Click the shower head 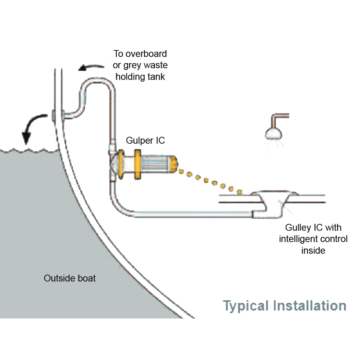pyautogui.click(x=273, y=133)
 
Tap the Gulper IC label pyautogui.click(x=145, y=140)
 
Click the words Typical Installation pyautogui.click(x=285, y=305)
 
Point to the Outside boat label pyautogui.click(x=70, y=278)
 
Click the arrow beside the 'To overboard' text pyautogui.click(x=91, y=67)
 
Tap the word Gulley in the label pyautogui.click(x=298, y=227)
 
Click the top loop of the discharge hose pyautogui.click(x=97, y=82)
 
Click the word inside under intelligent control pyautogui.click(x=313, y=250)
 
